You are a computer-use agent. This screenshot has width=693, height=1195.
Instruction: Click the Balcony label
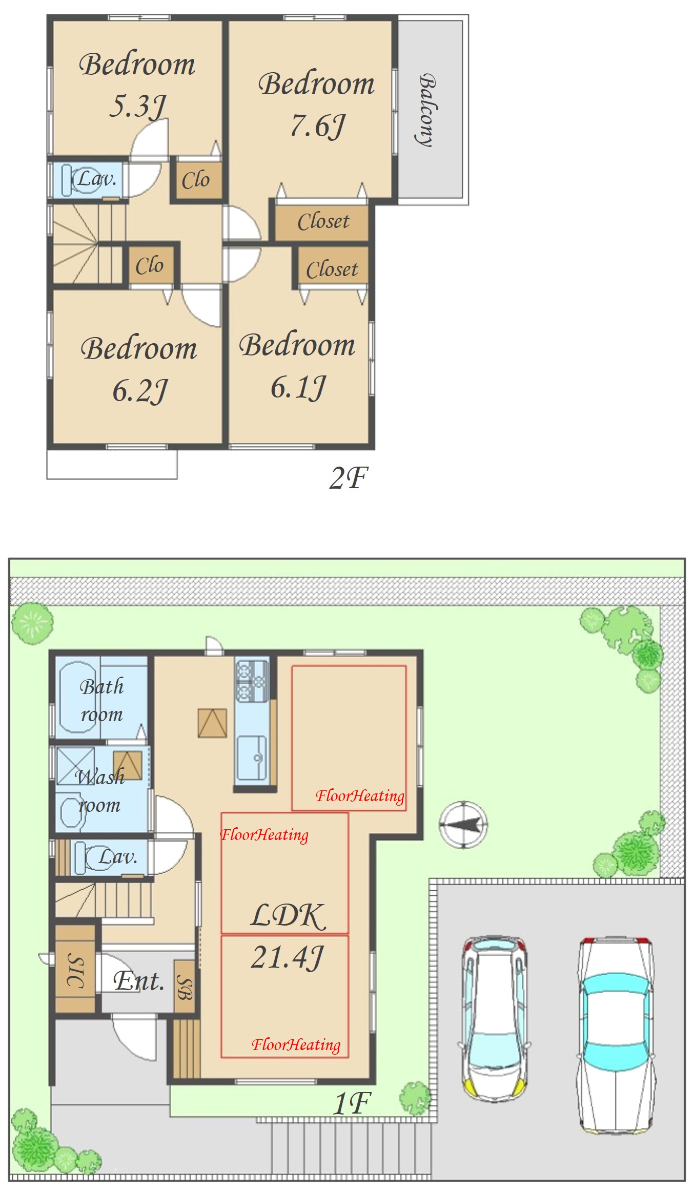(x=426, y=110)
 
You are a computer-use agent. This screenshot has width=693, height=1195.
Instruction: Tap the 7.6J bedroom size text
(x=318, y=125)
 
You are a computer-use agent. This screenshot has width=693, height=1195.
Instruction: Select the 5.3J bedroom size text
(x=138, y=106)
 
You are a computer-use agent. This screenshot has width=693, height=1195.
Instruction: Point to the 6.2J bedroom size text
(x=140, y=390)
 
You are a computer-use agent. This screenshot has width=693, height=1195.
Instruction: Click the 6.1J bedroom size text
(x=298, y=387)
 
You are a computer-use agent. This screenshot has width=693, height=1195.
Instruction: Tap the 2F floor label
(x=349, y=478)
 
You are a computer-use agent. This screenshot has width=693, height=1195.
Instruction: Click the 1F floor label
(x=352, y=1103)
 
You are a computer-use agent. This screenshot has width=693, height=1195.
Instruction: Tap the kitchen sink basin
(x=252, y=758)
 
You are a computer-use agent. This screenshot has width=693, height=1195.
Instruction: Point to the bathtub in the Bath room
(x=78, y=697)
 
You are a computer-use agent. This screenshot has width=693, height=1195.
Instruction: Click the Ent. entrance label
(x=139, y=981)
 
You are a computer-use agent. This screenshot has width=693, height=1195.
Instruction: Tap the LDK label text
(x=288, y=916)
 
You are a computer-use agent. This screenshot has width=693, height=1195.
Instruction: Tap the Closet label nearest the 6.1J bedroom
(x=332, y=269)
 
